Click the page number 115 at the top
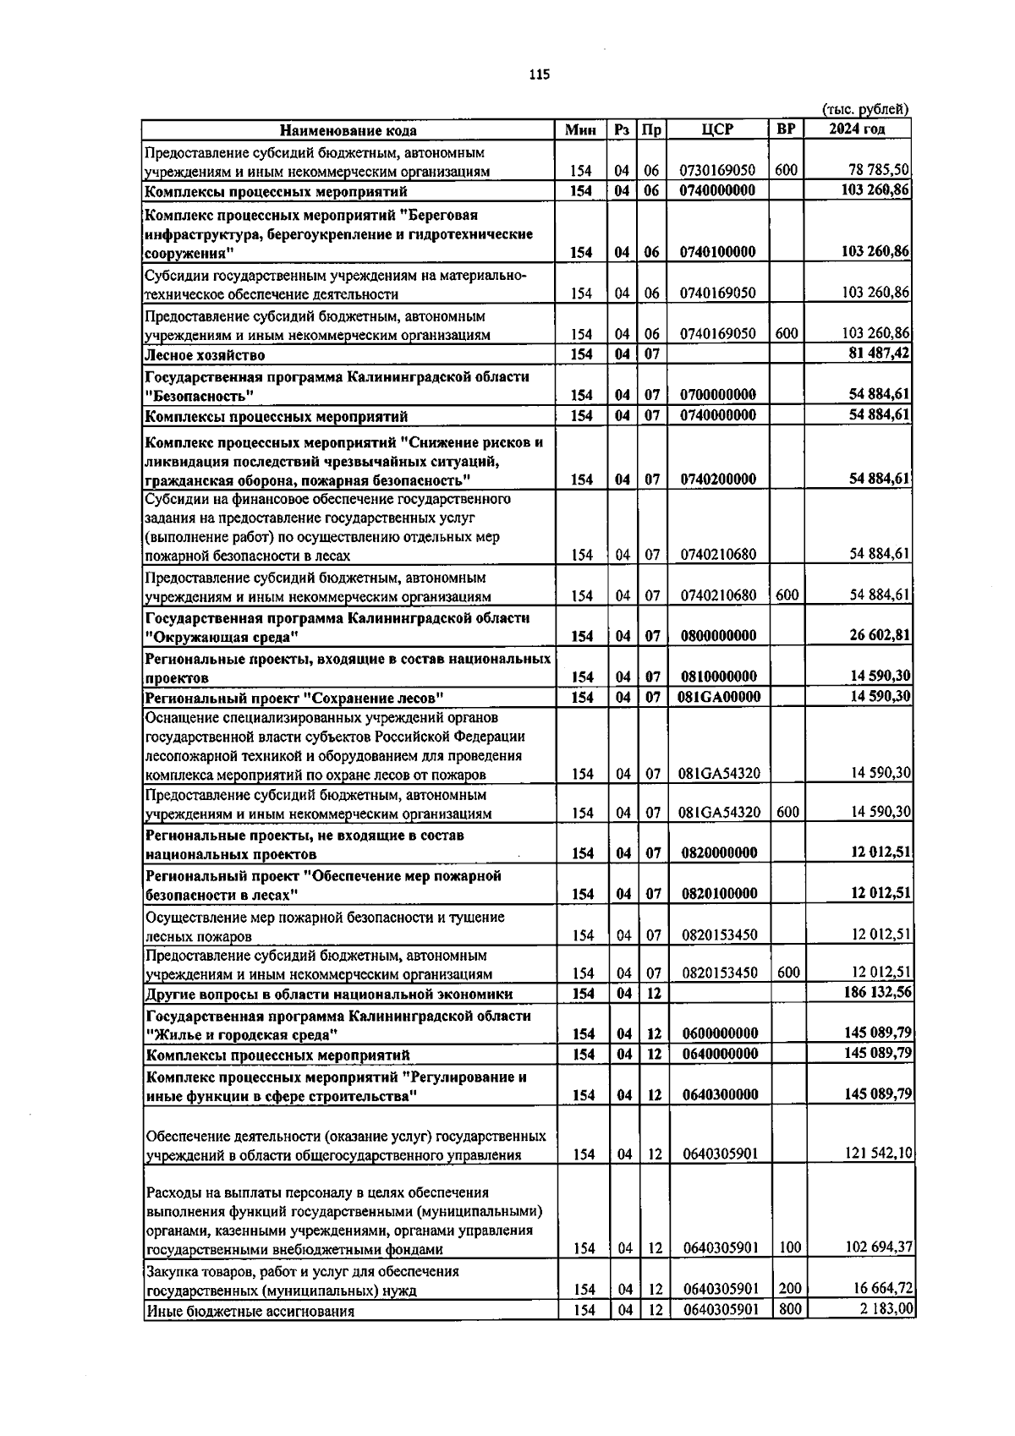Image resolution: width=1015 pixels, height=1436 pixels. click(x=539, y=75)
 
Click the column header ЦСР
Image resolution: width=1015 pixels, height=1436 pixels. click(x=717, y=130)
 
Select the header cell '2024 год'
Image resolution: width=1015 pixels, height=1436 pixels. click(x=857, y=129)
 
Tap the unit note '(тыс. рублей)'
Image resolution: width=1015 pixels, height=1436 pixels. click(x=865, y=109)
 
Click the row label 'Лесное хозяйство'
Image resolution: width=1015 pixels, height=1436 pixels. click(x=205, y=355)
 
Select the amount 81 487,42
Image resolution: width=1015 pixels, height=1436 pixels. click(x=879, y=354)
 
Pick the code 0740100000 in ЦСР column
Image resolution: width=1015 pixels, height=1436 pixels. click(x=718, y=252)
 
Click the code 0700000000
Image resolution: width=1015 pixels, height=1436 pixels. click(x=718, y=395)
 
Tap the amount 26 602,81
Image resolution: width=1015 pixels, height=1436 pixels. click(x=880, y=636)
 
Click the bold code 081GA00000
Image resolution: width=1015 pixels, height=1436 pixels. click(x=720, y=697)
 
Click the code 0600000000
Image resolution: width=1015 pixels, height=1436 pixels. click(x=720, y=1033)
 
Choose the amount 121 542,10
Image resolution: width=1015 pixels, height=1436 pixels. click(x=878, y=1154)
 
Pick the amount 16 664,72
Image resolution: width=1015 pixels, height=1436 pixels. click(x=880, y=1289)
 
